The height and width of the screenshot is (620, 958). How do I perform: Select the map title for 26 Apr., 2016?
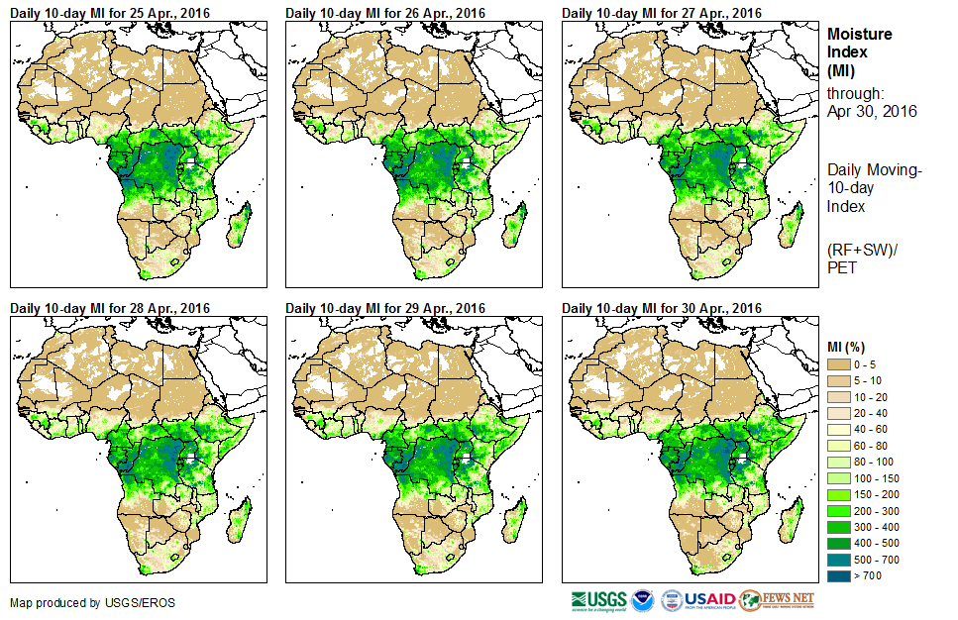[385, 13]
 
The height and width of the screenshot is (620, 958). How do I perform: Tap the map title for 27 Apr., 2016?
[662, 13]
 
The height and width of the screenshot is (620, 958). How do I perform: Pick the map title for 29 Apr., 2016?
[385, 308]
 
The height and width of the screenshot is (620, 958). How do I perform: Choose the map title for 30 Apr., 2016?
[662, 308]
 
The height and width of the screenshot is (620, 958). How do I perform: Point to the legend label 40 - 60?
[873, 429]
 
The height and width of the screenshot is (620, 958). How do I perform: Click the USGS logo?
[597, 600]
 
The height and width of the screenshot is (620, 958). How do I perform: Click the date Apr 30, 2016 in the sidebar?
[872, 111]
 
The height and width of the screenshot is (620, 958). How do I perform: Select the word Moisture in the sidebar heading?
[859, 34]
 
